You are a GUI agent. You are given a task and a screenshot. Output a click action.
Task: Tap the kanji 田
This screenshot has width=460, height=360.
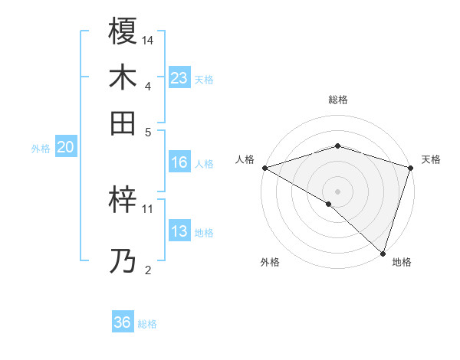(x=123, y=122)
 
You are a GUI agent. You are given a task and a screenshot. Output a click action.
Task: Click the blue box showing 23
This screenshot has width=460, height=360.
(x=179, y=77)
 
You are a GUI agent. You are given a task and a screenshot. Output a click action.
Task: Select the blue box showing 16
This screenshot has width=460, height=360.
(x=179, y=162)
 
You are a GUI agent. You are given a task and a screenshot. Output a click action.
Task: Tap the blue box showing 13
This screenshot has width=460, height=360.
(x=179, y=232)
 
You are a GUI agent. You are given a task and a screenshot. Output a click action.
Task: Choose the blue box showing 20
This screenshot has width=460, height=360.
(x=65, y=148)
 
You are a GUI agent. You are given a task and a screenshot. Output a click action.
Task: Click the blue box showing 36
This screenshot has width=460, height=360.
(x=123, y=322)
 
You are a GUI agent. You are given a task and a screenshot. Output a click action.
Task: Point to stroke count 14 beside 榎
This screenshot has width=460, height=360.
(x=148, y=39)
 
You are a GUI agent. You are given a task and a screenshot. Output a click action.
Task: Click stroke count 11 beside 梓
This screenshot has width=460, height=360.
(x=148, y=208)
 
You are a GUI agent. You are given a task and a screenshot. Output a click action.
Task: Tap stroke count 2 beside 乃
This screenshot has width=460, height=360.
(x=148, y=270)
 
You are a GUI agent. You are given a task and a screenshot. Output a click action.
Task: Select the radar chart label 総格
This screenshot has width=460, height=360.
(x=337, y=100)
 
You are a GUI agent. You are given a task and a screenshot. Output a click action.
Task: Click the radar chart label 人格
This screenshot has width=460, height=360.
(x=245, y=159)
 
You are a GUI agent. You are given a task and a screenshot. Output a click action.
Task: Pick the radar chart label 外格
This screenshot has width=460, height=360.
(x=270, y=262)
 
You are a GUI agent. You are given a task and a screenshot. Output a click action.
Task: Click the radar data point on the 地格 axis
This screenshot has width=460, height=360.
(x=383, y=253)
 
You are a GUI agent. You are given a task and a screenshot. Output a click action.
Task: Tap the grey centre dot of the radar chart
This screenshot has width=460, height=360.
(x=337, y=191)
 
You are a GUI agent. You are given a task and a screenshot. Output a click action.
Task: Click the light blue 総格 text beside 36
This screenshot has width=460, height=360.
(x=147, y=324)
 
